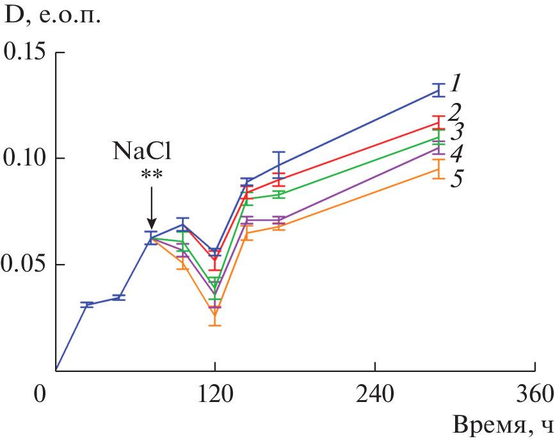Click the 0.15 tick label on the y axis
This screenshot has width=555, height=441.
(x=26, y=52)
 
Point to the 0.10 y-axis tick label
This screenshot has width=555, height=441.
(x=26, y=158)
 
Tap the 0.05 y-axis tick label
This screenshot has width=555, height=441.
(x=26, y=264)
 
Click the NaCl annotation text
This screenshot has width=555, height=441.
(x=144, y=151)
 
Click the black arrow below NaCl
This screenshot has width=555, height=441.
(x=150, y=208)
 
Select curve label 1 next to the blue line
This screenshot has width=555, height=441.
(x=455, y=82)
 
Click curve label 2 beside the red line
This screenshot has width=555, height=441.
(x=455, y=113)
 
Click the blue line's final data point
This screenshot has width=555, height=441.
(x=438, y=90)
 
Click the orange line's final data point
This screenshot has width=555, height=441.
(x=438, y=169)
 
